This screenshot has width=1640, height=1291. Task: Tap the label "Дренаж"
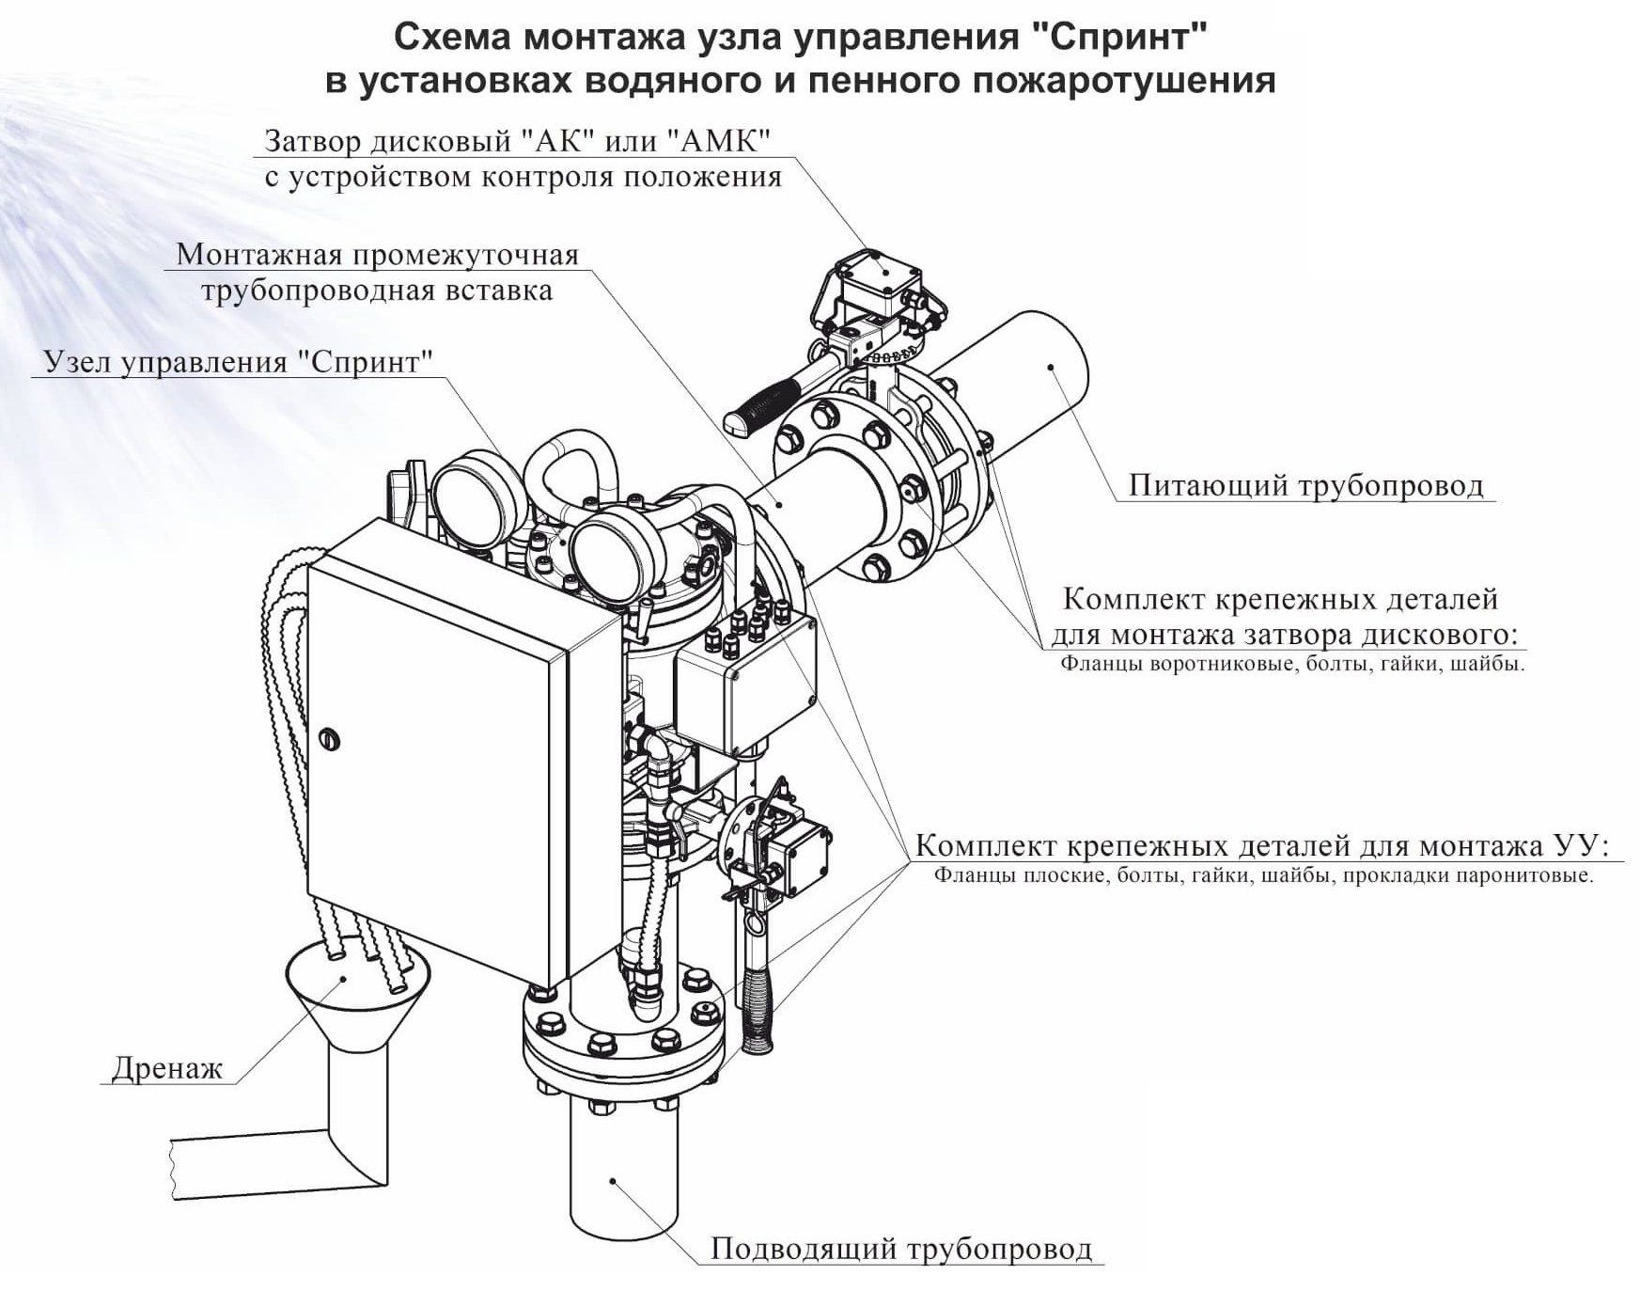166,1068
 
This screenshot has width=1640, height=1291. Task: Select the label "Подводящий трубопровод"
900,1249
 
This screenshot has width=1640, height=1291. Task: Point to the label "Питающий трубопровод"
1305,485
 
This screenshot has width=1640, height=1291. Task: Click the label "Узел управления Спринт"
238,362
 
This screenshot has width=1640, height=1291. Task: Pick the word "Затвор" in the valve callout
312,141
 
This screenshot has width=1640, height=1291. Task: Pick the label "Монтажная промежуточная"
377,255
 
